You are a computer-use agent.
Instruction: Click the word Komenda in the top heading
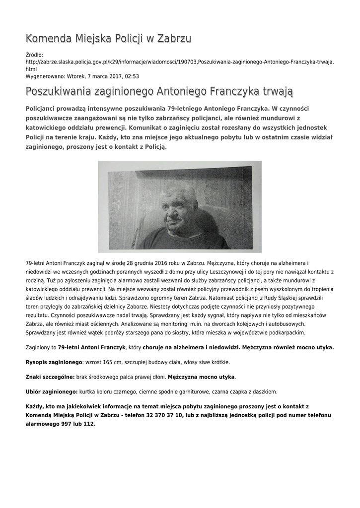[49, 39]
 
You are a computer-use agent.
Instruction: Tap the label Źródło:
[34, 55]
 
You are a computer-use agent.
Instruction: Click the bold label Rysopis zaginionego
[54, 362]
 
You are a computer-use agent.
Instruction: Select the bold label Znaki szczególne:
[50, 377]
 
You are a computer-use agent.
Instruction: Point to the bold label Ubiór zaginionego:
[52, 392]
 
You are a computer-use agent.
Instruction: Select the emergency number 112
[88, 424]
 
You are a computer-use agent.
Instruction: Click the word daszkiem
[265, 392]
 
